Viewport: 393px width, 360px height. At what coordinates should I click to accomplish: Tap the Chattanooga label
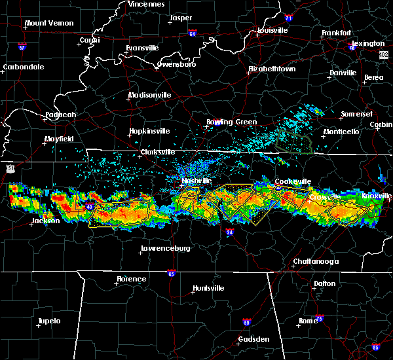315,261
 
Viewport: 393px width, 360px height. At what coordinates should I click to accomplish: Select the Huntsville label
208,288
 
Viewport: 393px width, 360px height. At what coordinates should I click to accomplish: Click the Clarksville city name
158,152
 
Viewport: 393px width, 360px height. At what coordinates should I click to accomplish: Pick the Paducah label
60,115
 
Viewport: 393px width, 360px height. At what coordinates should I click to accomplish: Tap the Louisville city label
270,30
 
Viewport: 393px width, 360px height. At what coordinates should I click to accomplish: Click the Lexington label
368,43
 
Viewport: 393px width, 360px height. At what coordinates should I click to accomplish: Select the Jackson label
45,221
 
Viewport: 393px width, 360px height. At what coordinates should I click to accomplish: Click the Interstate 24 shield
229,232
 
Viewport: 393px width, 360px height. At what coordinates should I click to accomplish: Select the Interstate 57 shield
22,47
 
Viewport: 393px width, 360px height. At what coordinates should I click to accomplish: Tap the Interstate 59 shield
246,322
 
